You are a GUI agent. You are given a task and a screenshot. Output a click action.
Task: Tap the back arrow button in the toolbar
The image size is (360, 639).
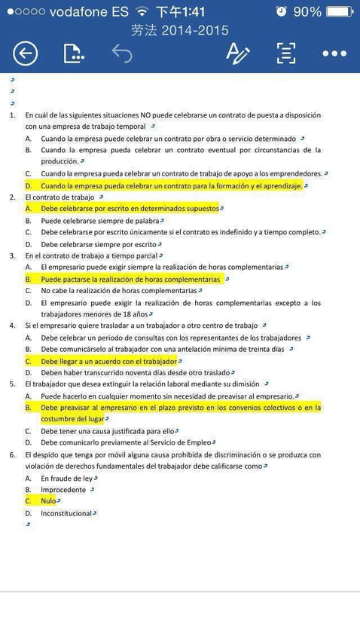tap(25, 53)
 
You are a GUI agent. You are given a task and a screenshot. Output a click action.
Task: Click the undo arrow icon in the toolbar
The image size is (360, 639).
tap(121, 53)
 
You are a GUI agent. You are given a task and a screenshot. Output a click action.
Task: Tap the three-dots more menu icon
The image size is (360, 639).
tap(334, 53)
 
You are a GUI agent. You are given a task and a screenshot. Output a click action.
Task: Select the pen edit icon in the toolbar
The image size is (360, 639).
tap(237, 53)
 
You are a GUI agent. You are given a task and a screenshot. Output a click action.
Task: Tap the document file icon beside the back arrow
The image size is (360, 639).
tap(72, 53)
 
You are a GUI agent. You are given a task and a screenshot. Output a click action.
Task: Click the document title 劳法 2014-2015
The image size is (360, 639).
tap(179, 31)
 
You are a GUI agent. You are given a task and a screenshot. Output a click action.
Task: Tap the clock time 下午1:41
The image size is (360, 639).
tap(180, 11)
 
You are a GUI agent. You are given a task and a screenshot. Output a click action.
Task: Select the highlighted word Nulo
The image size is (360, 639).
tap(48, 500)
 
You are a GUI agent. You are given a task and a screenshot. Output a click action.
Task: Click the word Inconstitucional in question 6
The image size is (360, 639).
tap(66, 513)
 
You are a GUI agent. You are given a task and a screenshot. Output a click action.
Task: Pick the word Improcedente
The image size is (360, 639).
tap(63, 489)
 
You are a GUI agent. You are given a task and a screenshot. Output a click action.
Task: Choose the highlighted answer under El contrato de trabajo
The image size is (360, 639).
tap(130, 208)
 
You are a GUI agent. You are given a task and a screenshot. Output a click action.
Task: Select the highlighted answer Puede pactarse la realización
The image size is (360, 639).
tap(130, 279)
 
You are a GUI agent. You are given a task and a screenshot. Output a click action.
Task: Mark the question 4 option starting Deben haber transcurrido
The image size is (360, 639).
tap(135, 372)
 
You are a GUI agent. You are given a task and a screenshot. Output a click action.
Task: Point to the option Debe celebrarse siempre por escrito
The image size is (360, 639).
tap(99, 244)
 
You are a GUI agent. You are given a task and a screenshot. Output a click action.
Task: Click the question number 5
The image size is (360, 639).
tap(12, 384)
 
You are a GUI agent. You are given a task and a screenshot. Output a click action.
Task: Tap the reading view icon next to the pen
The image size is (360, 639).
tap(285, 53)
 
